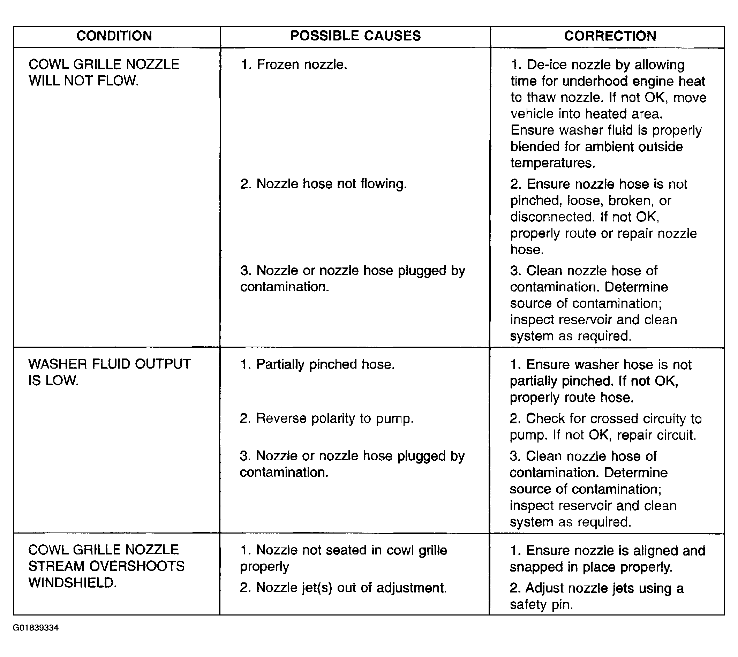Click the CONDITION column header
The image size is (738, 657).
click(x=114, y=36)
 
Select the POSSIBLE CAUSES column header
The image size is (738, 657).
click(x=355, y=36)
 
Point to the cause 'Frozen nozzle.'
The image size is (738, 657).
click(x=294, y=65)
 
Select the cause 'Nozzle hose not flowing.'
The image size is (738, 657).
click(x=324, y=184)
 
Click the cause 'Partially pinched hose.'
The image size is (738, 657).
click(x=317, y=364)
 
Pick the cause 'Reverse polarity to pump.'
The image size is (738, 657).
click(x=326, y=418)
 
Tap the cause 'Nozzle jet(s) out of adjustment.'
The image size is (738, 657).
click(x=343, y=588)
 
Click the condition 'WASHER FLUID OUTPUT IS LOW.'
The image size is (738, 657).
click(x=110, y=372)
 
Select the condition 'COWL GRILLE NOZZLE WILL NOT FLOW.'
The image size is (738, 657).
click(x=104, y=73)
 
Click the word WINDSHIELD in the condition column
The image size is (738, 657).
click(x=72, y=583)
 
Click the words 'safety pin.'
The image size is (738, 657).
click(x=541, y=604)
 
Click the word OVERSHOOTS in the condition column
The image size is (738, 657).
click(x=137, y=566)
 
